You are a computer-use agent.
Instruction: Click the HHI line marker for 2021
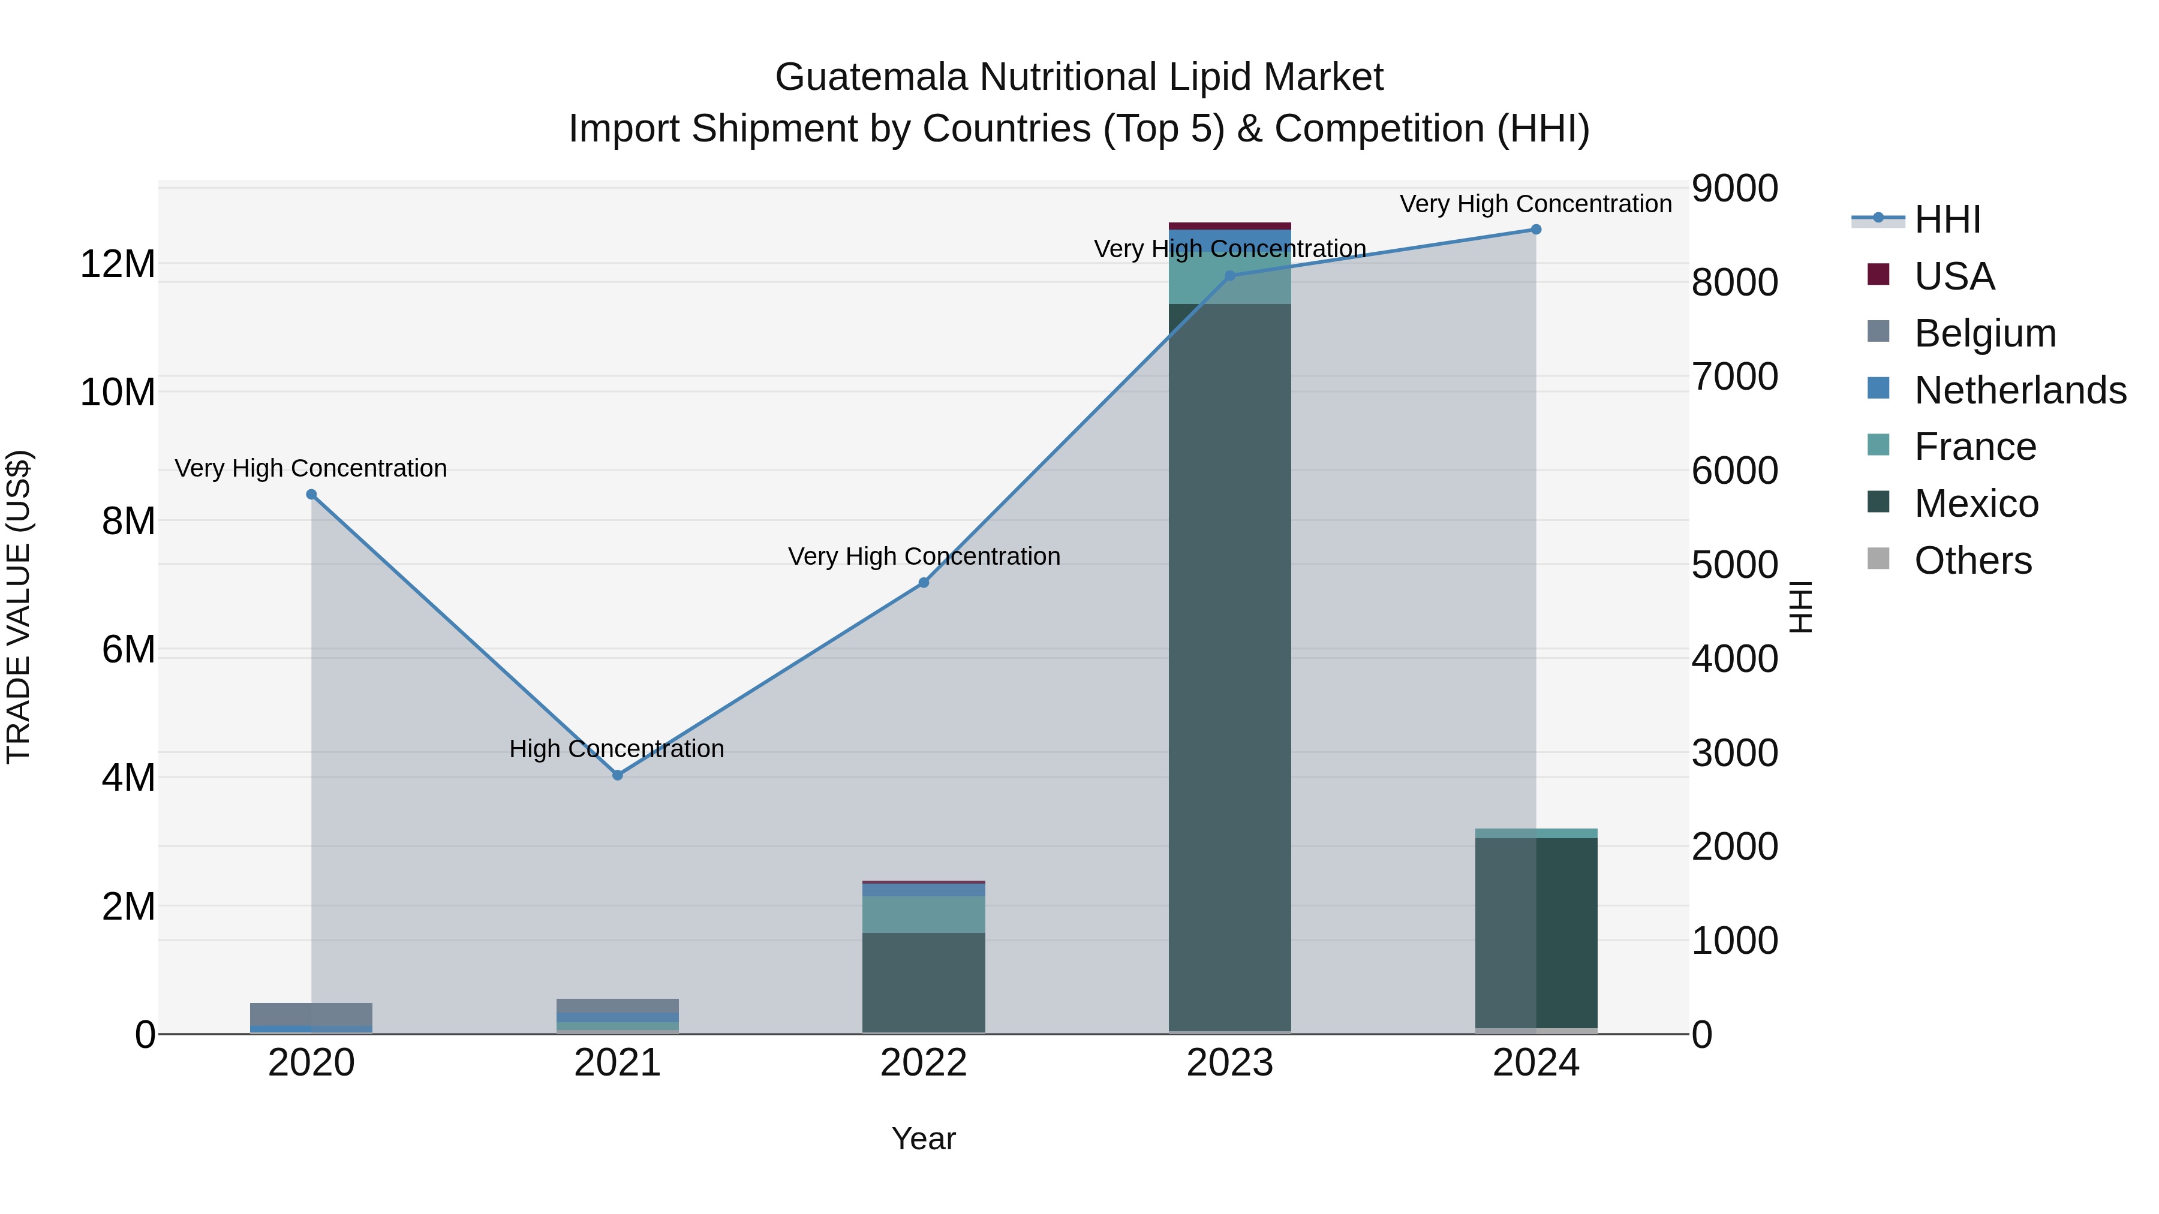(x=618, y=775)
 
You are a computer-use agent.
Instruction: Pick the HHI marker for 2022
(x=924, y=582)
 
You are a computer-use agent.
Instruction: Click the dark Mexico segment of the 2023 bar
(x=1229, y=670)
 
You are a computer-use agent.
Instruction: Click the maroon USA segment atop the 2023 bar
(x=1229, y=225)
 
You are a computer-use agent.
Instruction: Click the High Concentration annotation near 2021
(x=617, y=748)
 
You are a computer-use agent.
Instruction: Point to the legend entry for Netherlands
(x=2020, y=390)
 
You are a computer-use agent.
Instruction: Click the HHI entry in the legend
(x=1947, y=219)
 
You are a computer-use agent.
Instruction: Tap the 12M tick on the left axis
(x=118, y=264)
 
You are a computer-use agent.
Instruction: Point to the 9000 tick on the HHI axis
(x=1734, y=188)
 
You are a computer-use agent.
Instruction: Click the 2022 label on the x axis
(x=924, y=1063)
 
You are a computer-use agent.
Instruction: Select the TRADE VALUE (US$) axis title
(x=19, y=607)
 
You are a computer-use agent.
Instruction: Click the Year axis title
(x=924, y=1138)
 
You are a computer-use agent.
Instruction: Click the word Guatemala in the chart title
(x=871, y=77)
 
